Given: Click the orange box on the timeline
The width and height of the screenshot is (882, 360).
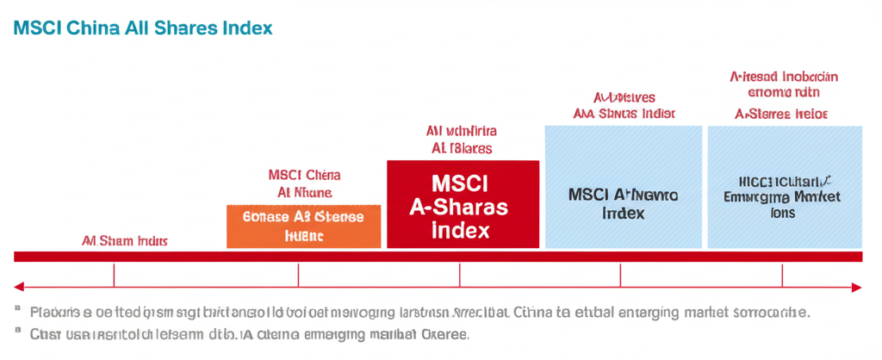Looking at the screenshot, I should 303,227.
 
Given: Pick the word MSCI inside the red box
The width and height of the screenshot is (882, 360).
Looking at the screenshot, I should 459,184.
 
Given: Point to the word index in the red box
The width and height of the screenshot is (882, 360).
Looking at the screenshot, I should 460,230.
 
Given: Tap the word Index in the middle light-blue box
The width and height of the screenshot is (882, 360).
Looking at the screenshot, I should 623,213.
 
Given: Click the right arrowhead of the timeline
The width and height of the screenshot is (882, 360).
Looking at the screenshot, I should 857,286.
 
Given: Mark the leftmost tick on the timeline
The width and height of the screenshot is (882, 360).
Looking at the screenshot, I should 114,276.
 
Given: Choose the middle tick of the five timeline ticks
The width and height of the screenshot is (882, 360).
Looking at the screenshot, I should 459,276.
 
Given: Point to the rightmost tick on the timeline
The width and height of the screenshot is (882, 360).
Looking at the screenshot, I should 782,276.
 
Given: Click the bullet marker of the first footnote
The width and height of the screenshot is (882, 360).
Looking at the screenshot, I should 17,309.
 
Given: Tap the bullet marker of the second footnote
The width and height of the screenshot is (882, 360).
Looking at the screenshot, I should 17,330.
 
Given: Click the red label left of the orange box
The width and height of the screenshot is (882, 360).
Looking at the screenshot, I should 125,241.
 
